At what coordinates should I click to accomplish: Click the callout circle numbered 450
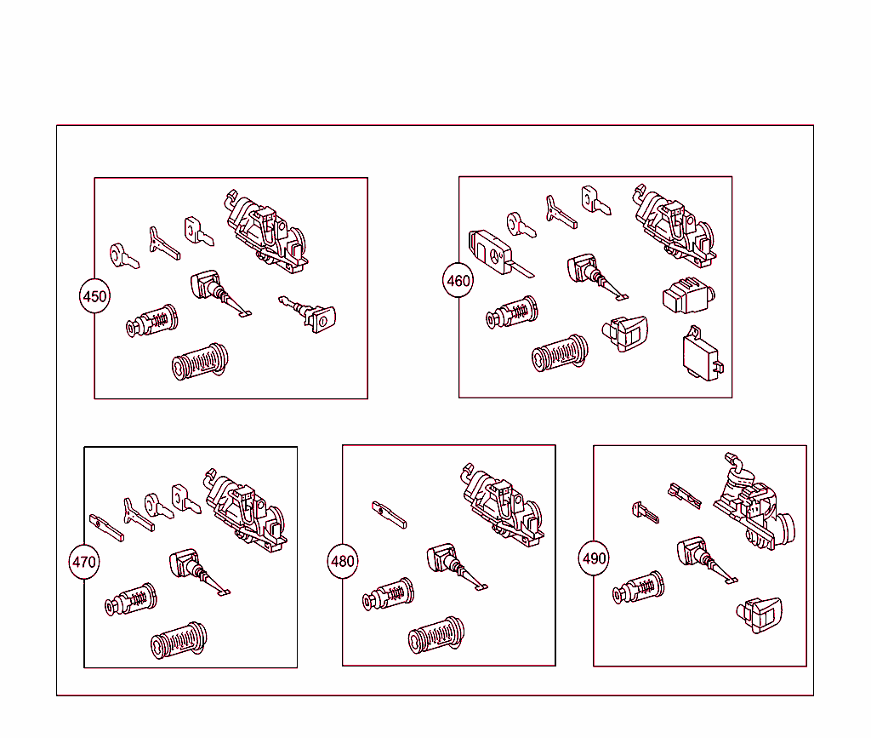(94, 296)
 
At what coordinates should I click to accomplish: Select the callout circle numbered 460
(458, 280)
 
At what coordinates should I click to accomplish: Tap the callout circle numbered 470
(84, 562)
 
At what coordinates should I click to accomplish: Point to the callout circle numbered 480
(343, 561)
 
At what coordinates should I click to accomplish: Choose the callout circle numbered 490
(594, 558)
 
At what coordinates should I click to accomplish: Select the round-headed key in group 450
(123, 255)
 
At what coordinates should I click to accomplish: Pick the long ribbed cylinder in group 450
(200, 363)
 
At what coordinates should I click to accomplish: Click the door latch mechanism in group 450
(267, 232)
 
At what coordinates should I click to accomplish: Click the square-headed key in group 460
(596, 201)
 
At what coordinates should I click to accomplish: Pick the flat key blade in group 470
(105, 527)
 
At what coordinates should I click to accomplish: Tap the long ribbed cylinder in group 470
(179, 640)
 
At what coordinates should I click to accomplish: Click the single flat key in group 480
(389, 514)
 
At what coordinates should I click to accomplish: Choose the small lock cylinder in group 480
(388, 595)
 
